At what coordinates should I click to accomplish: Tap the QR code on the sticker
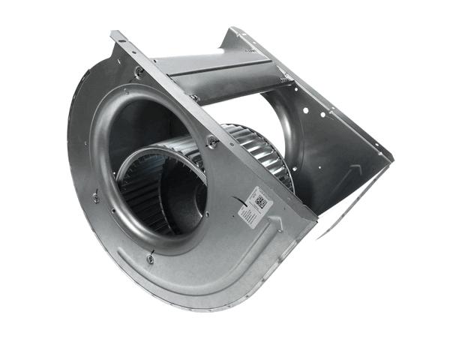click(x=261, y=201)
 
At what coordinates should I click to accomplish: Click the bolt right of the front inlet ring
click(x=213, y=142)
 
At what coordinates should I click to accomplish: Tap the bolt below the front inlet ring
click(x=151, y=259)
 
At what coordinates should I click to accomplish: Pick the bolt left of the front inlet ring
click(x=96, y=197)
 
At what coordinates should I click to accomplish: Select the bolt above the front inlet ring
click(x=139, y=71)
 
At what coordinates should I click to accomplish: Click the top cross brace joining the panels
click(x=217, y=71)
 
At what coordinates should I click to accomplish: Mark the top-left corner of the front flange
click(x=114, y=33)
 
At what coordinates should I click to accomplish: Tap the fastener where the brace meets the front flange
click(x=194, y=97)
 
